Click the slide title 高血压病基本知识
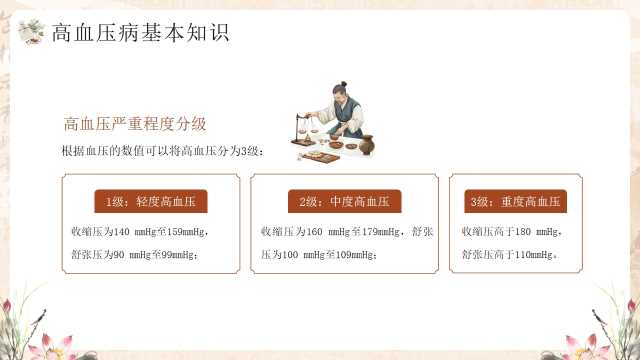[x=140, y=33]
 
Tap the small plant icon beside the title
[x=31, y=31]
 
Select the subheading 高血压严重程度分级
[x=135, y=124]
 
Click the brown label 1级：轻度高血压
[x=151, y=201]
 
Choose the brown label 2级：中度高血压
[x=344, y=201]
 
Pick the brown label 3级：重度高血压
[x=516, y=201]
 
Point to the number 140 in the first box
[x=122, y=232]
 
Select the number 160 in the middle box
[x=314, y=232]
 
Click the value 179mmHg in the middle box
[x=380, y=232]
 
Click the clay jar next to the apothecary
[x=367, y=145]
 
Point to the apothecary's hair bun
[x=344, y=84]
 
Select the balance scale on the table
[x=304, y=130]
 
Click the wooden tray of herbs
[x=321, y=157]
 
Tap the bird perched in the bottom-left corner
[x=40, y=317]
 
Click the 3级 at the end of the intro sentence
[x=249, y=151]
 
